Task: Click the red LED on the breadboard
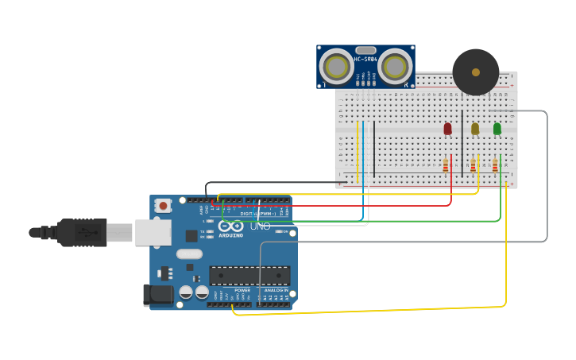point(447,128)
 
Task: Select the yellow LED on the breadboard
point(475,128)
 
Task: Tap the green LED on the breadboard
point(497,128)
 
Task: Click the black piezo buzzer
point(476,72)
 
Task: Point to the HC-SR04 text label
point(365,59)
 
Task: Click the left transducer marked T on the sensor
point(336,68)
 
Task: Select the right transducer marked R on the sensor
point(395,68)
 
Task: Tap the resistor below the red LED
point(446,165)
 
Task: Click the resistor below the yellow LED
point(474,165)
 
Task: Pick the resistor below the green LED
point(495,165)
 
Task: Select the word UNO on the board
point(261,226)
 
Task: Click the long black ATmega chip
point(249,275)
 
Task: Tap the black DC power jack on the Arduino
point(157,295)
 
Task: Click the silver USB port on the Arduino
point(153,232)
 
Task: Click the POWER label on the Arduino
point(242,291)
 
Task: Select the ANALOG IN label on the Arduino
point(276,291)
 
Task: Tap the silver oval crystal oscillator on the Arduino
point(189,254)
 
